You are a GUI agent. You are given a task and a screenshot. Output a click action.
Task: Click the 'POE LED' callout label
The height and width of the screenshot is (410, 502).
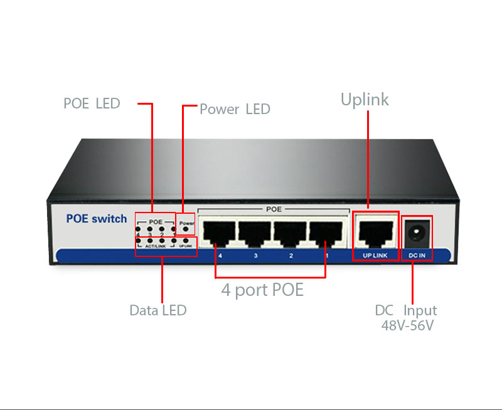pyautogui.click(x=92, y=103)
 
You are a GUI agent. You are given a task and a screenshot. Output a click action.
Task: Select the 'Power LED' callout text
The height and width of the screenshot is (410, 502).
pyautogui.click(x=235, y=109)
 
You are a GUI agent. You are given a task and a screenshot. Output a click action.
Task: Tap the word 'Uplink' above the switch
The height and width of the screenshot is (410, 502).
pyautogui.click(x=365, y=100)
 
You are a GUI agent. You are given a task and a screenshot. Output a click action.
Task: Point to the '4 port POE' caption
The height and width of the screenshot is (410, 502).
pyautogui.click(x=262, y=290)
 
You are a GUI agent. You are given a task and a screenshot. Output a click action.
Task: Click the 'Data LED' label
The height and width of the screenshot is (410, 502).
pyautogui.click(x=158, y=310)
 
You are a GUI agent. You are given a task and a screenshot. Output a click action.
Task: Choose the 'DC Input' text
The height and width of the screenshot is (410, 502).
pyautogui.click(x=405, y=310)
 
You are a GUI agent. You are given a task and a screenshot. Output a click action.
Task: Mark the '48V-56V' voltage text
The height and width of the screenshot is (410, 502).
pyautogui.click(x=407, y=325)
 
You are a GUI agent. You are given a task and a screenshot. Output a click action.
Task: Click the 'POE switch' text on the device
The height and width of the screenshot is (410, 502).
pyautogui.click(x=96, y=219)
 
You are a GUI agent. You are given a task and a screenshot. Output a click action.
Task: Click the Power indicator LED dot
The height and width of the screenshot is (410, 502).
pyautogui.click(x=186, y=229)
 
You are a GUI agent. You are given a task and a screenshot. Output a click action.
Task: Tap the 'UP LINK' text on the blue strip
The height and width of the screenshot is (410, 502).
pyautogui.click(x=375, y=256)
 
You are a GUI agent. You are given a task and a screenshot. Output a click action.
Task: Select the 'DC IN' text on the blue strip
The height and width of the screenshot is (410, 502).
pyautogui.click(x=417, y=256)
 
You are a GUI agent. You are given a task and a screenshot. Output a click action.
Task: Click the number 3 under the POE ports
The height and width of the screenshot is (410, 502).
pyautogui.click(x=255, y=256)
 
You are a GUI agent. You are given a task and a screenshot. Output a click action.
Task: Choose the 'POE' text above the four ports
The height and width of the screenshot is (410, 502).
pyautogui.click(x=274, y=209)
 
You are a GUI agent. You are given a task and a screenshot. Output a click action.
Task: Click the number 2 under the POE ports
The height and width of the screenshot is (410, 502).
pyautogui.click(x=291, y=256)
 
